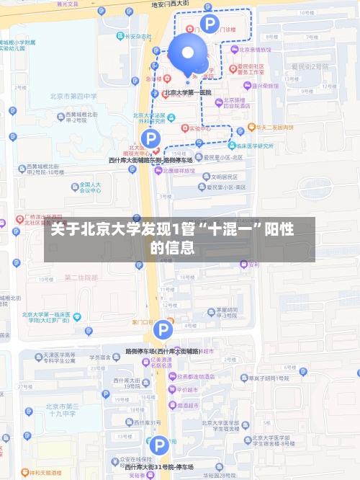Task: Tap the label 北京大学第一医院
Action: tap(187, 92)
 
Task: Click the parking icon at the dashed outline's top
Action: tap(209, 24)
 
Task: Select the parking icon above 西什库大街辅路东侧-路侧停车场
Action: tap(150, 138)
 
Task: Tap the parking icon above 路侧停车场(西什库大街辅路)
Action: tap(163, 331)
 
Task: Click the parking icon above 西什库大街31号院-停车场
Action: tap(159, 445)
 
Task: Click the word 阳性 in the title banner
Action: tap(277, 231)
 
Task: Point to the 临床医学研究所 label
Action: tap(253, 145)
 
